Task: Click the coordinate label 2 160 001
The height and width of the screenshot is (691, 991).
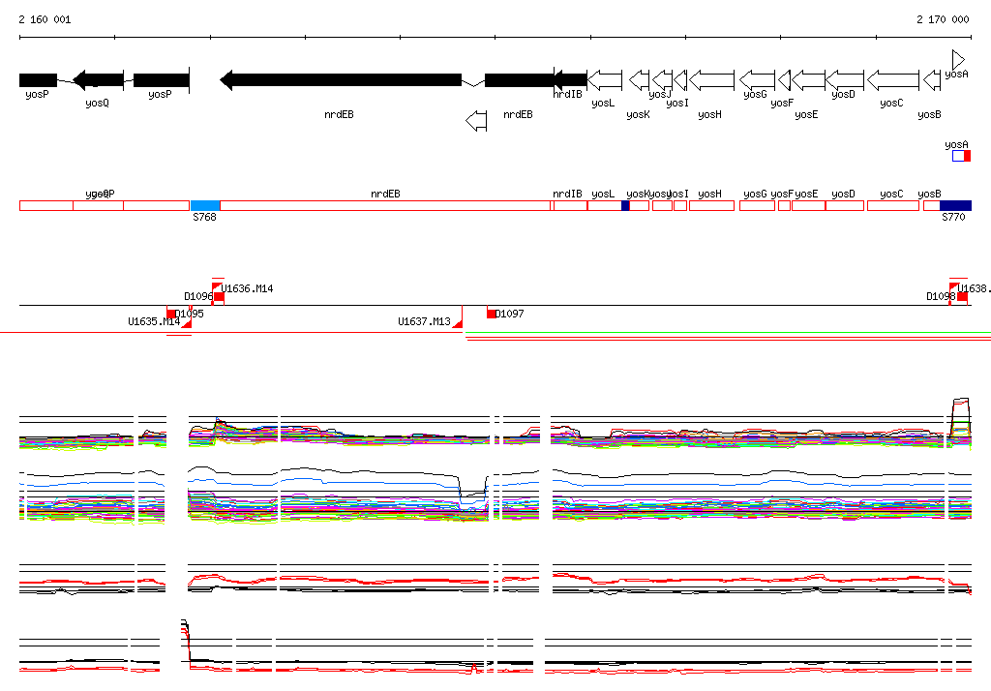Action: point(45,19)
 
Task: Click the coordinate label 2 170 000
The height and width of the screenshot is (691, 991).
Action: point(943,19)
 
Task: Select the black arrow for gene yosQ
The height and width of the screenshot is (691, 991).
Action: point(98,79)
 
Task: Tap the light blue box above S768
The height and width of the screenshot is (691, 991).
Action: point(205,205)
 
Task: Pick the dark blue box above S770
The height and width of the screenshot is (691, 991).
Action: point(955,205)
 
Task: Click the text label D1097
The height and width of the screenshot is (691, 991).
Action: point(510,314)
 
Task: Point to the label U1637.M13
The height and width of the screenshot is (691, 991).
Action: point(424,321)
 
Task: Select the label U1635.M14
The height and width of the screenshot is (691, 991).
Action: point(153,321)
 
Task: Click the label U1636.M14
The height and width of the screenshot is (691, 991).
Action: point(248,288)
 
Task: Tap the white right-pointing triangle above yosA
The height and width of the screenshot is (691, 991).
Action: point(958,59)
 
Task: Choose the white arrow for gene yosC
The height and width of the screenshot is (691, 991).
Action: point(892,79)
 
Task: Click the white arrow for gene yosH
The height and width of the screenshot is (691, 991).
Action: point(711,79)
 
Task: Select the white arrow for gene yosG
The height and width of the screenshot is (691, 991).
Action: point(757,79)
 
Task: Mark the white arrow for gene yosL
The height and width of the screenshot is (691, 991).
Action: point(605,79)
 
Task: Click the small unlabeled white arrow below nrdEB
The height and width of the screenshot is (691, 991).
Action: point(476,121)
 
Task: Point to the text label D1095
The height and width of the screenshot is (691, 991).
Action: point(190,314)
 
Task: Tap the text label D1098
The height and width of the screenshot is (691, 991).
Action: point(940,296)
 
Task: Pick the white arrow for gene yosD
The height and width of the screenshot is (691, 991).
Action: point(845,79)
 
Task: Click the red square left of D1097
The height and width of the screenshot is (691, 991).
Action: point(492,313)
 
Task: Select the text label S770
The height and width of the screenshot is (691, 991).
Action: point(953,218)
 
